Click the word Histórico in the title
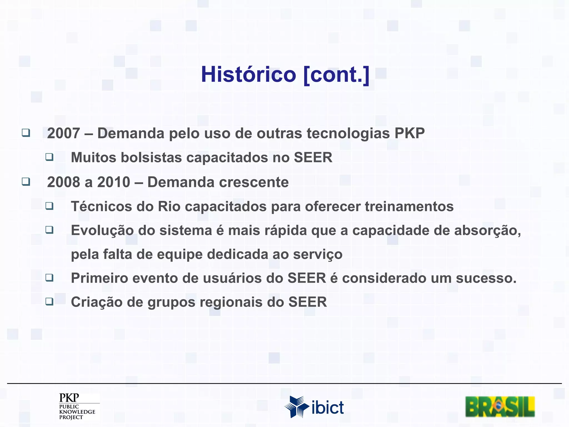pos(248,75)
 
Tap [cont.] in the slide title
pos(336,75)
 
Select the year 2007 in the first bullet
pos(64,133)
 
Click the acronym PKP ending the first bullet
pos(410,133)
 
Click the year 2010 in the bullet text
pos(114,182)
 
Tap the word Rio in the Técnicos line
pos(169,207)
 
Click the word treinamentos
pos(409,207)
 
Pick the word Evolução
pos(102,231)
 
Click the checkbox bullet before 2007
pos(26,133)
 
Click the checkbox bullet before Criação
pos(49,301)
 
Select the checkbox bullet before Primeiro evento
pos(49,277)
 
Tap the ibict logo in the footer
pos(314,407)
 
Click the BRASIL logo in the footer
pos(500,407)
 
